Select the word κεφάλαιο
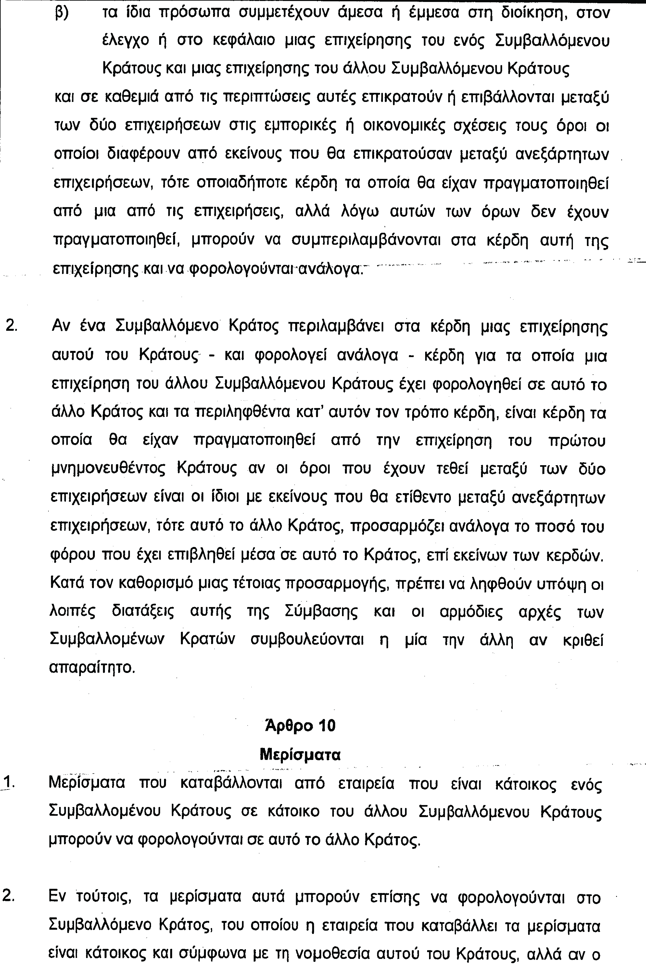tap(244, 41)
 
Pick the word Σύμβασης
tap(321, 612)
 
